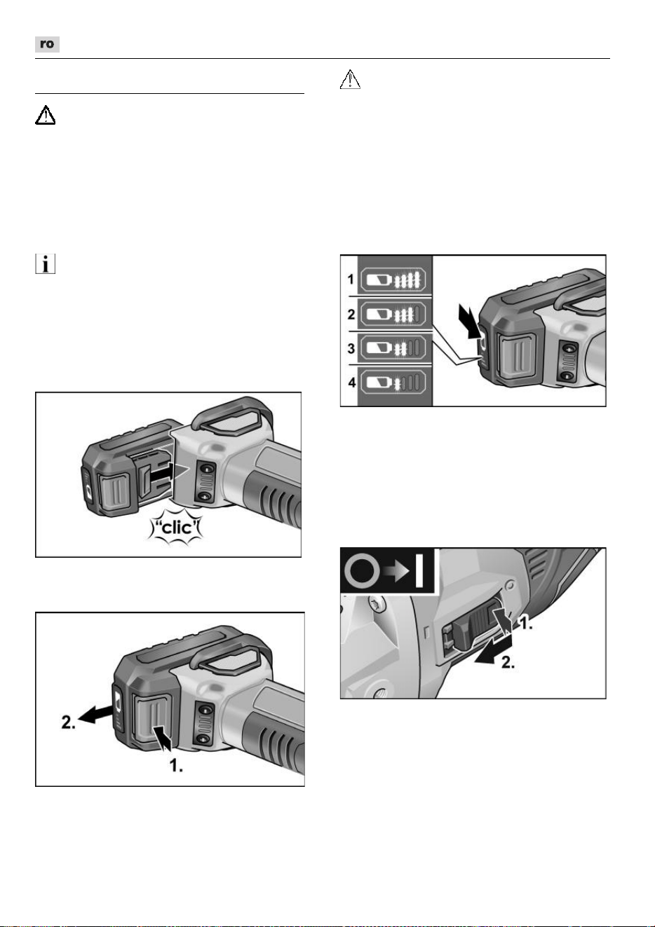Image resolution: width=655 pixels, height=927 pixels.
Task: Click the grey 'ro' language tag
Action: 47,44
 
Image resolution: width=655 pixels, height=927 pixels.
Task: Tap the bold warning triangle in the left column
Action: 45,115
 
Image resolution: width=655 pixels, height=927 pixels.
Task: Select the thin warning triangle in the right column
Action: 350,79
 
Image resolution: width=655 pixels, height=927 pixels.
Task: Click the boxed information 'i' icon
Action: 45,263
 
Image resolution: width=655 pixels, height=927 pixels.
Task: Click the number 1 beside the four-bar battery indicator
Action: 351,280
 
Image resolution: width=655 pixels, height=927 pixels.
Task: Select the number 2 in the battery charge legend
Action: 351,315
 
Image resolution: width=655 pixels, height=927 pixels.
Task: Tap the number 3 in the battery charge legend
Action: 351,348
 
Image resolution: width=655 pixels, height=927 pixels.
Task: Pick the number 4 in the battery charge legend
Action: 352,382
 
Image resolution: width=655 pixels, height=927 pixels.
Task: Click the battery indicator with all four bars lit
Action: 393,280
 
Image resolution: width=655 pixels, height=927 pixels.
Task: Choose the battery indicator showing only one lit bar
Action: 393,383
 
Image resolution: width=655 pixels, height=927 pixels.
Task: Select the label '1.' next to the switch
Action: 526,622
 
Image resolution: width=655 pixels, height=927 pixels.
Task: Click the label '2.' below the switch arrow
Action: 508,662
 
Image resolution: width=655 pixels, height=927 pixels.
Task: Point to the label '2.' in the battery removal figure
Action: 69,722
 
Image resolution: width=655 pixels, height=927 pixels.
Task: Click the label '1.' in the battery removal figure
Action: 176,766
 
